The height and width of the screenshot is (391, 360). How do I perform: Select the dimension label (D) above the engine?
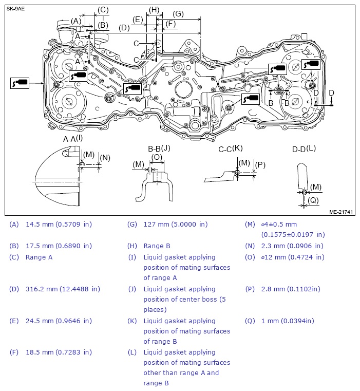[x=124, y=28]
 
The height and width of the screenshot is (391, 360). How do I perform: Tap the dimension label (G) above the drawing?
[x=178, y=14]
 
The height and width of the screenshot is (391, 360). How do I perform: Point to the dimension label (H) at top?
[x=153, y=10]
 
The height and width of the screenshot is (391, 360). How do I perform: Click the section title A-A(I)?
[x=72, y=139]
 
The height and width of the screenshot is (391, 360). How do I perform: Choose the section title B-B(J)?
[x=159, y=148]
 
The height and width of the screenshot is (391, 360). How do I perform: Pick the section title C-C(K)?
[x=230, y=148]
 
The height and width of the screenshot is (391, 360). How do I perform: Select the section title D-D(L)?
[x=304, y=149]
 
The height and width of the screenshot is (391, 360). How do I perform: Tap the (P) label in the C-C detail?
[x=260, y=165]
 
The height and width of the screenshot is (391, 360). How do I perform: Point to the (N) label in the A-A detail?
[x=105, y=158]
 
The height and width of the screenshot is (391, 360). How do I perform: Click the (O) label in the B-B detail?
[x=157, y=157]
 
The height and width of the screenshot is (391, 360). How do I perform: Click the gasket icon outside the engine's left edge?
[x=20, y=82]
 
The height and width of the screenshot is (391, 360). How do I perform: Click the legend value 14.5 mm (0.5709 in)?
[x=59, y=225]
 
